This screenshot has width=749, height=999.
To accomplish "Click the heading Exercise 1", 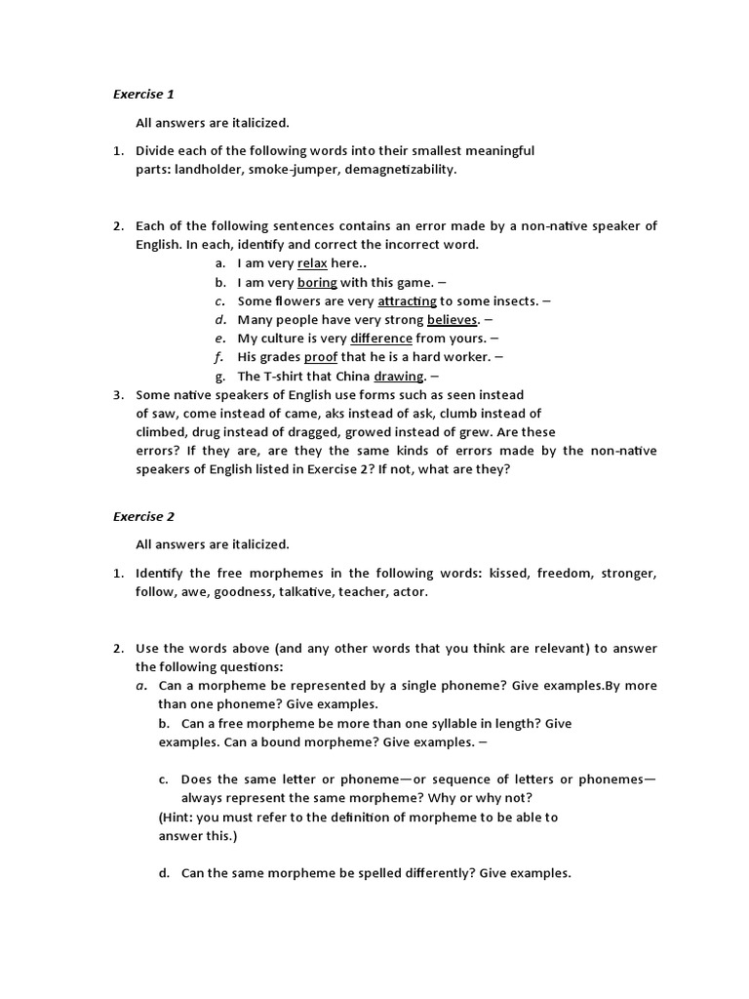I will pos(143,95).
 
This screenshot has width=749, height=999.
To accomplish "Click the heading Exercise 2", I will pos(143,516).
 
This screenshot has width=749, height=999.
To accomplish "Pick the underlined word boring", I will pos(317,282).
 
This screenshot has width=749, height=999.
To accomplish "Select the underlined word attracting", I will pos(407,301).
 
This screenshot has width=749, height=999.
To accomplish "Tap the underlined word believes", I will pos(453,320).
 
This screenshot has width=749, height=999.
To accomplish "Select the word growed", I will pos(369,432).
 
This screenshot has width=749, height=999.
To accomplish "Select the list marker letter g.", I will pos(220,377).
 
